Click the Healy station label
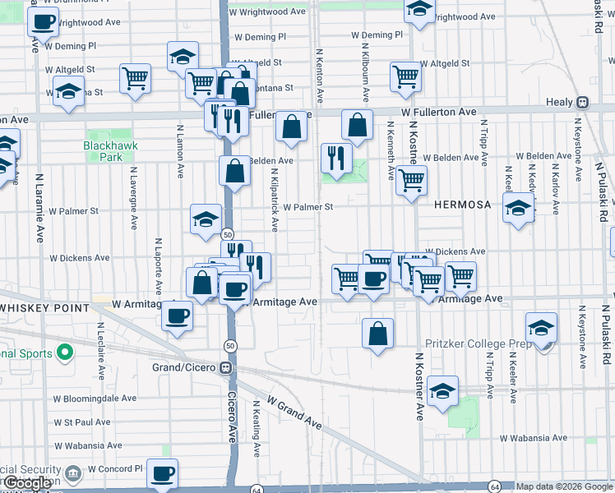559,102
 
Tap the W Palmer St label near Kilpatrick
307,208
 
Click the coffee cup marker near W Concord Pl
162,473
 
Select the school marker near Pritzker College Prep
541,328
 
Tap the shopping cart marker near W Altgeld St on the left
136,78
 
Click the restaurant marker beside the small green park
335,156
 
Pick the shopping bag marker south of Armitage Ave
377,334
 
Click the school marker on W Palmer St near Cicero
206,219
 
